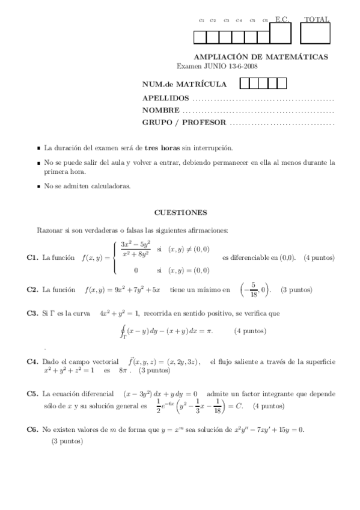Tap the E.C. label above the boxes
282,20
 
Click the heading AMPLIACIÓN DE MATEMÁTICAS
265,57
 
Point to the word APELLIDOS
165,98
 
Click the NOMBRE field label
160,110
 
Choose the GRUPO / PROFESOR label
184,123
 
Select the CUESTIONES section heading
180,212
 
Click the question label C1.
32,257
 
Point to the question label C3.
32,313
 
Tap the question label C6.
32,429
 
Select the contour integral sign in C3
124,332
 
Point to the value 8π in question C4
124,371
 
